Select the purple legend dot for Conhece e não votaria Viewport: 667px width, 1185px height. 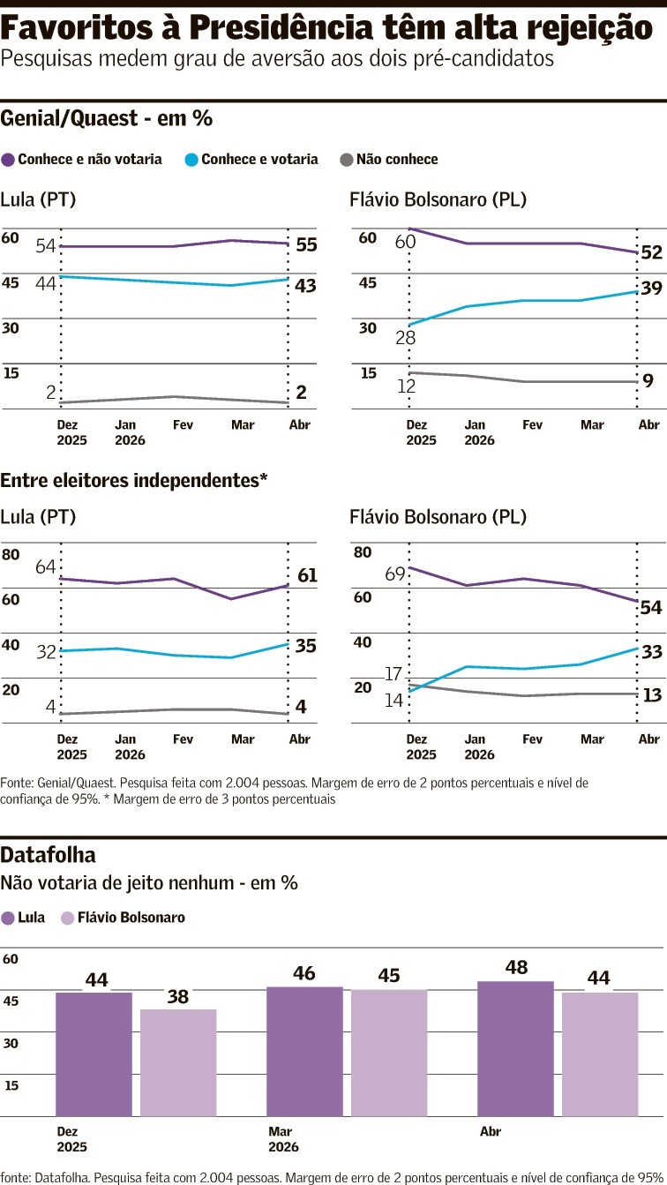pyautogui.click(x=9, y=160)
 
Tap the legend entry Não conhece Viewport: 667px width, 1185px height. pyautogui.click(x=396, y=160)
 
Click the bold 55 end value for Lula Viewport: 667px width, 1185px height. pyautogui.click(x=306, y=244)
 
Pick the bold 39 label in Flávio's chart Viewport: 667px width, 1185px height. pyautogui.click(x=651, y=288)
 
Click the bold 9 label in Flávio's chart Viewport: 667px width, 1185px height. pyautogui.click(x=648, y=381)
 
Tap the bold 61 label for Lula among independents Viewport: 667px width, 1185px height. pyautogui.click(x=307, y=576)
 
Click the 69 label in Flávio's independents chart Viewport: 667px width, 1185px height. pyautogui.click(x=395, y=574)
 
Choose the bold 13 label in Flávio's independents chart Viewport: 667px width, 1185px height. pyautogui.click(x=652, y=695)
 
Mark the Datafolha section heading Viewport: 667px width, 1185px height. pyautogui.click(x=49, y=854)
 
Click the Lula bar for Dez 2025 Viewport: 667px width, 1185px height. pyautogui.click(x=94, y=1054)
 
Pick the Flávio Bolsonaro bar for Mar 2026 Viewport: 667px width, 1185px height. pyautogui.click(x=389, y=1052)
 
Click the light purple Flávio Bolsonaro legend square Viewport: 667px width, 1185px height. pyautogui.click(x=67, y=918)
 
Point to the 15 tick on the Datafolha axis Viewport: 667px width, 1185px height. pyautogui.click(x=11, y=1084)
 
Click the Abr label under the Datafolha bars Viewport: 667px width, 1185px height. pyautogui.click(x=490, y=1131)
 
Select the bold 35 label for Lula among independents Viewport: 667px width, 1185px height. pyautogui.click(x=306, y=646)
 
